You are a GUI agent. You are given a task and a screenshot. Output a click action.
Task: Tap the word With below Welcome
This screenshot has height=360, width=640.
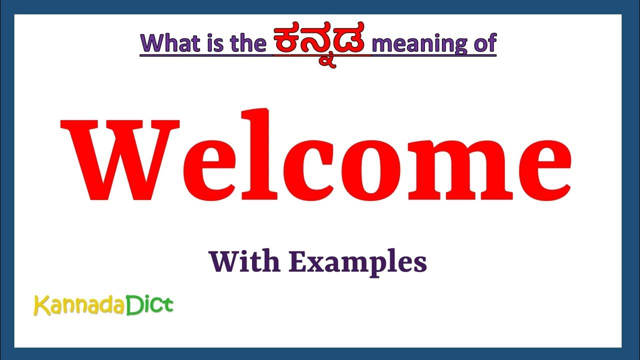coord(244,262)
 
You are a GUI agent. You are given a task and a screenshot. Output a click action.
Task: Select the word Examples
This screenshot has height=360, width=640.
coord(358,263)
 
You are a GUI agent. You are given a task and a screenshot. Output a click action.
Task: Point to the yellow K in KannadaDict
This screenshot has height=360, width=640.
coord(39,305)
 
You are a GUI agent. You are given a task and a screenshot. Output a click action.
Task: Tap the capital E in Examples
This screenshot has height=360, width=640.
coord(298,261)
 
